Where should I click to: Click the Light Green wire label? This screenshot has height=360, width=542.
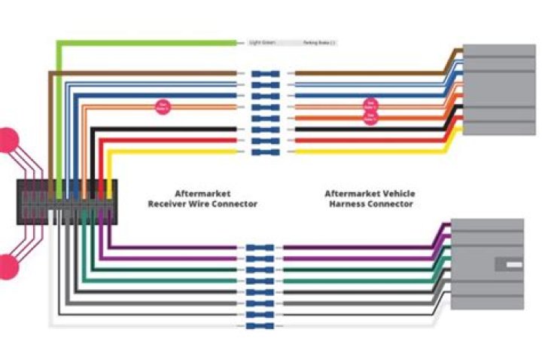[259, 43]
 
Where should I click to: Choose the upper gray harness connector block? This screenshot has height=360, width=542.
[498, 89]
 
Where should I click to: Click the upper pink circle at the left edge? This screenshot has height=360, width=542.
[8, 139]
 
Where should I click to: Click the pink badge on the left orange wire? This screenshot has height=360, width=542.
[162, 106]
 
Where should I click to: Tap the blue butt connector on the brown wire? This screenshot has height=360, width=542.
[266, 74]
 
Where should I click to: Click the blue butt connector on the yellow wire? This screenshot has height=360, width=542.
[266, 151]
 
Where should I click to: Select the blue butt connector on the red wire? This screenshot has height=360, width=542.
[266, 140]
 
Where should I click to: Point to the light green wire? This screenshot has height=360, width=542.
[151, 43]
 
